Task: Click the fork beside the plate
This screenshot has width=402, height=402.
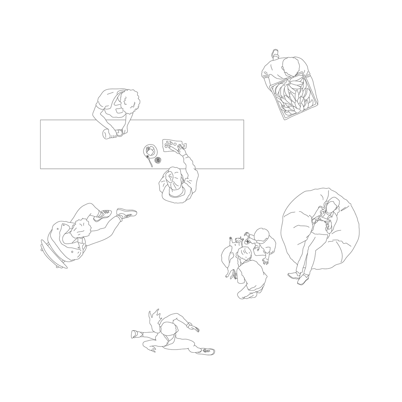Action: (149, 160)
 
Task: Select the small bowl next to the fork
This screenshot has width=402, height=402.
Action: (158, 160)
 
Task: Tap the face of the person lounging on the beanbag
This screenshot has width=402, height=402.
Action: (331, 207)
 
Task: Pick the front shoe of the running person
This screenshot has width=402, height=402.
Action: (207, 351)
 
